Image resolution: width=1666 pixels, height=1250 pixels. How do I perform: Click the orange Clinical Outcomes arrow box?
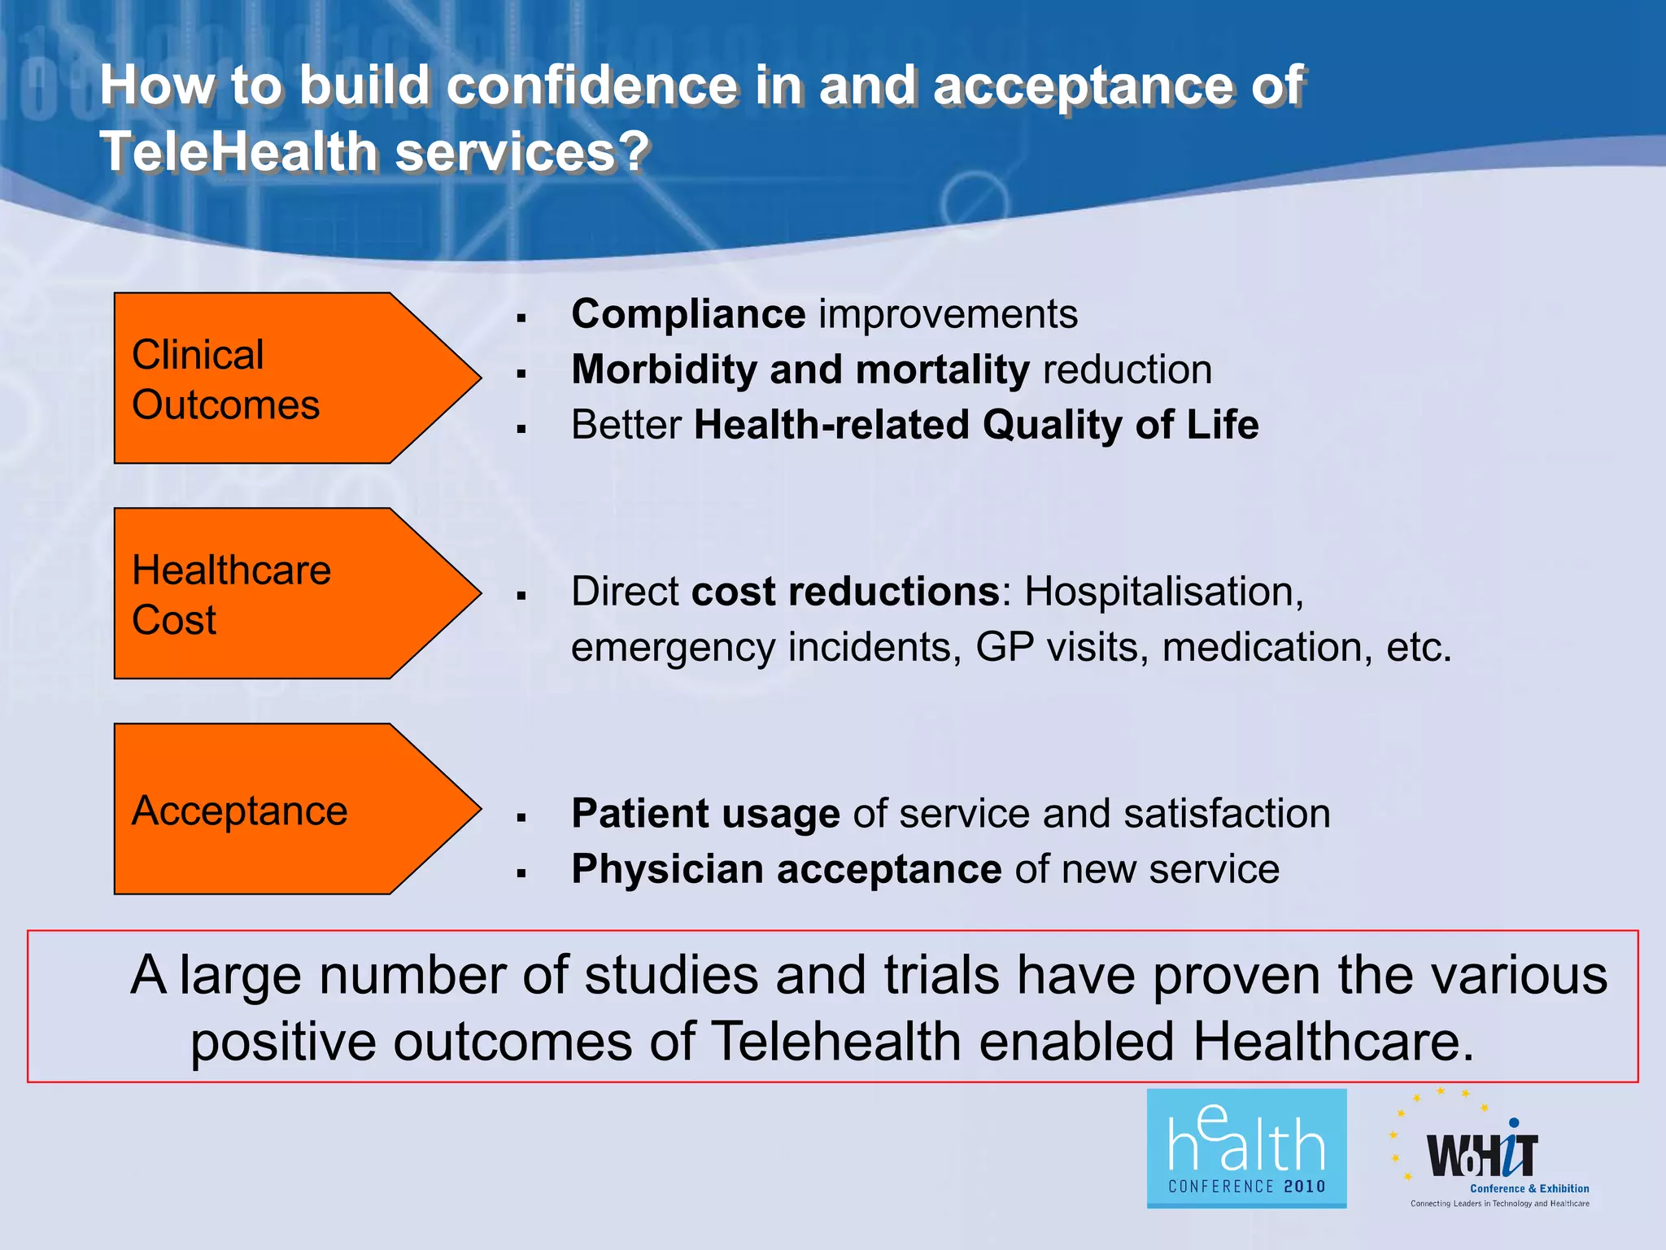[x=277, y=378]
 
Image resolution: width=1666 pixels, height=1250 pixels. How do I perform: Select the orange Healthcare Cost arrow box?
[x=277, y=594]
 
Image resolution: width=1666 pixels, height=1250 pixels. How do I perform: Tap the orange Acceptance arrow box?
[x=277, y=810]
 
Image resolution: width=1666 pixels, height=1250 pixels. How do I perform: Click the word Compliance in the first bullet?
[x=688, y=315]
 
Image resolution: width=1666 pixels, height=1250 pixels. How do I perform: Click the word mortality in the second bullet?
[x=943, y=370]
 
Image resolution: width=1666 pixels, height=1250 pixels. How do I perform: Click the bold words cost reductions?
[x=844, y=592]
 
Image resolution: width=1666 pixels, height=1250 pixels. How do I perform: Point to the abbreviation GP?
[x=1004, y=648]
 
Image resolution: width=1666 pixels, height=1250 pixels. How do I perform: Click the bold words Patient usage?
[x=705, y=814]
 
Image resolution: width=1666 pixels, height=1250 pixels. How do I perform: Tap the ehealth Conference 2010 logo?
[x=1246, y=1148]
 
